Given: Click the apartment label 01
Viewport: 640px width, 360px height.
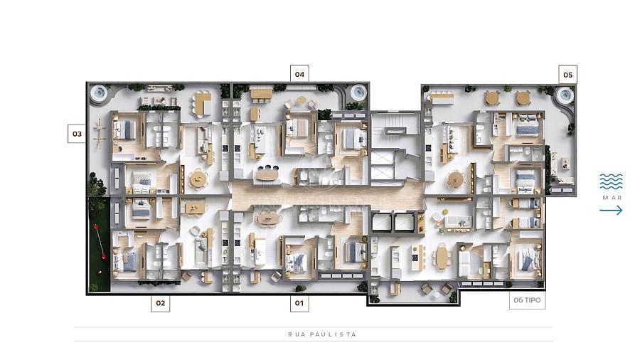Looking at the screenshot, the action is pos(299,303).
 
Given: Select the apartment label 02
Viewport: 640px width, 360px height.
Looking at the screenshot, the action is pos(161,303).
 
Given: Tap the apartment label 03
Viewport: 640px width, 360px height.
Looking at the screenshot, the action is pos(77,134).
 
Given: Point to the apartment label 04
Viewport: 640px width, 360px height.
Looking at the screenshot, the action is pos(299,74).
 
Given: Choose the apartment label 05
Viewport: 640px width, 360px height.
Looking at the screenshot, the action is pos(567,75).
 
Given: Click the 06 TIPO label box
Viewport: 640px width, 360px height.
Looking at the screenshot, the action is pos(527,300).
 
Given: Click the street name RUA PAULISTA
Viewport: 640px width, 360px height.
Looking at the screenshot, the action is pos(322,334).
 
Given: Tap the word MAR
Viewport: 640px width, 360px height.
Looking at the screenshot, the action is pos(612,198).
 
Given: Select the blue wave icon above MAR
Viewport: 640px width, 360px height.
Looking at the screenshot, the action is pos(611,181).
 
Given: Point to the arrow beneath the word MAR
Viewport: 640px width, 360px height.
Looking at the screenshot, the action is pos(611,210).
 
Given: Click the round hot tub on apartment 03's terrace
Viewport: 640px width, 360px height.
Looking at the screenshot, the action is pos(98,93).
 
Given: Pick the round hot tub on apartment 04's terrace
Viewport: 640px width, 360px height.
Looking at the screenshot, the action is pos(358,93).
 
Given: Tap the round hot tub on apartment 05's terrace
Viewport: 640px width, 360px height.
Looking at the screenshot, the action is pos(565,96).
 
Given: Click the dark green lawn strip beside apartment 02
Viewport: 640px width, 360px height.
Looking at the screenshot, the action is pos(100,244).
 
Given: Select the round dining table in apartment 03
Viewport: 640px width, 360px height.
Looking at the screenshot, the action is pos(199,179).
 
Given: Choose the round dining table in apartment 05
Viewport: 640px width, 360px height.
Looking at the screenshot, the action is pos(455,179).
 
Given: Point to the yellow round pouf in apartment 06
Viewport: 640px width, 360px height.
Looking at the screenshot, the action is pos(445,212).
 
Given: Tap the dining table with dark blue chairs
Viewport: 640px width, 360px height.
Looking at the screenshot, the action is pos(267,174).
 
